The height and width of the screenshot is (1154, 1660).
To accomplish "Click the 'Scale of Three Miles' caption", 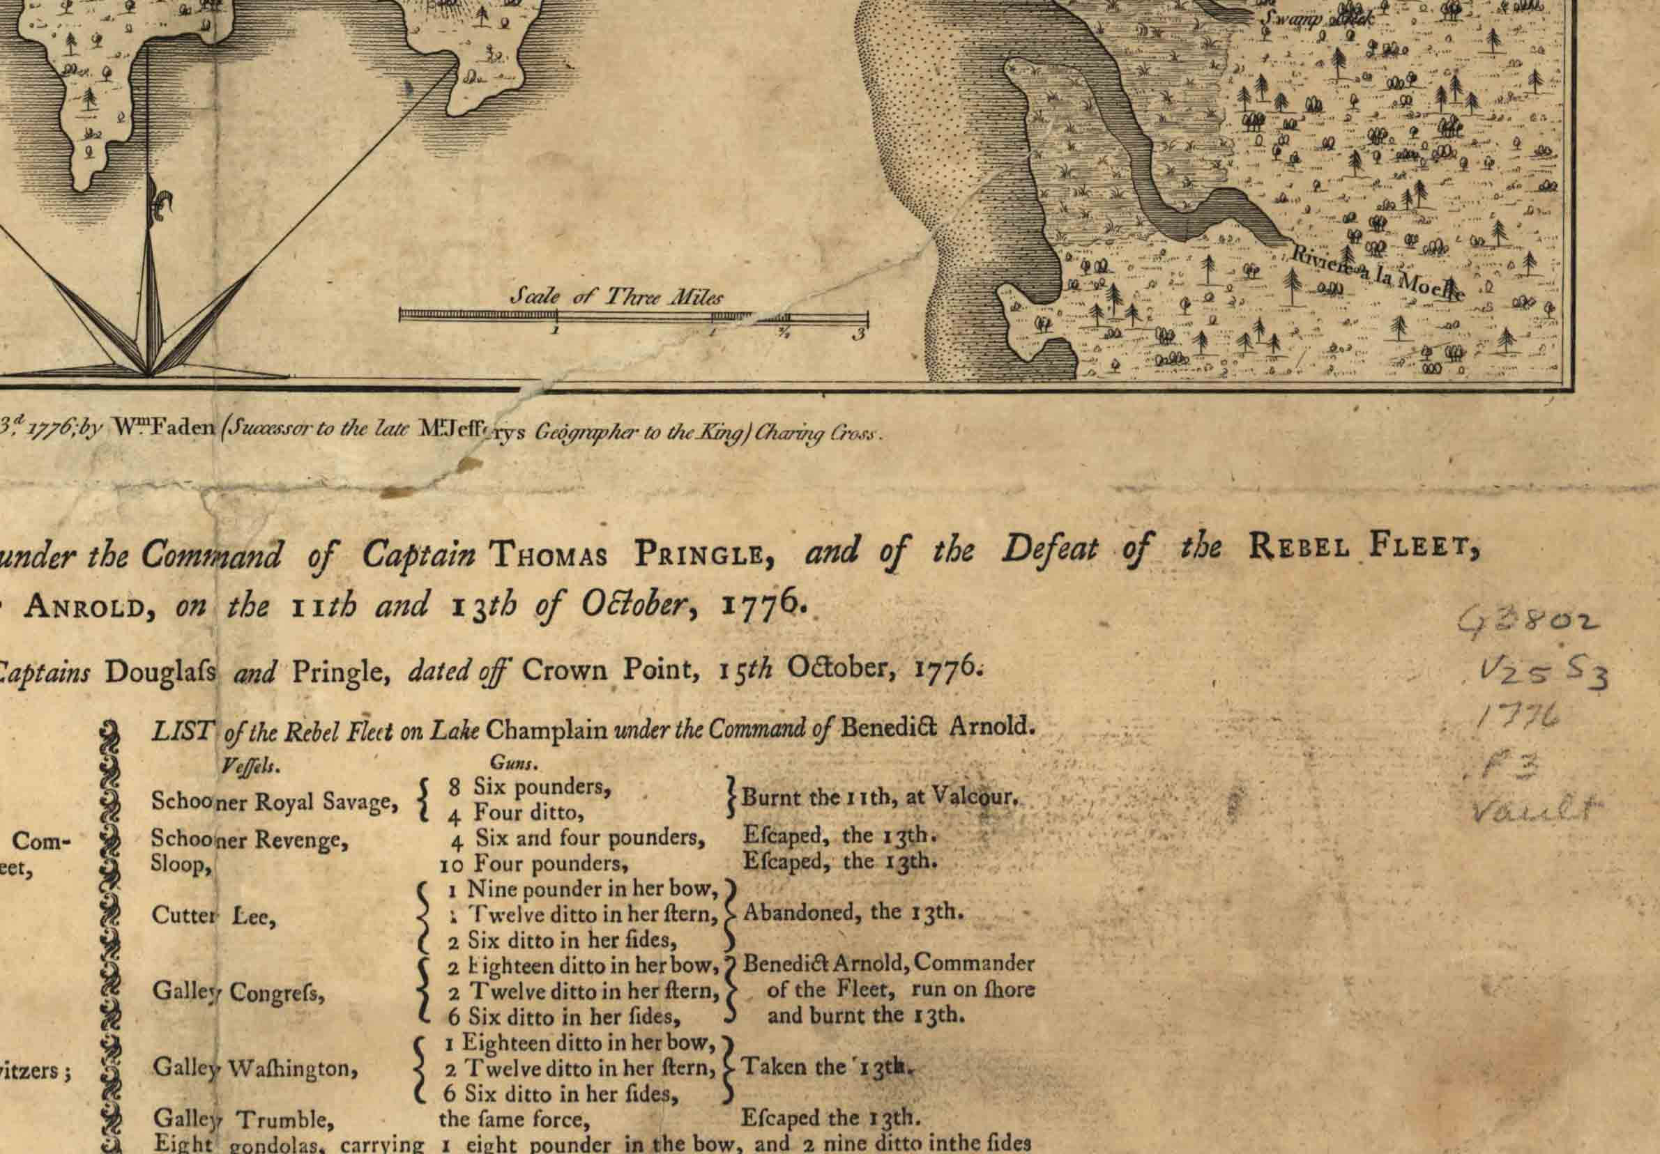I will (617, 296).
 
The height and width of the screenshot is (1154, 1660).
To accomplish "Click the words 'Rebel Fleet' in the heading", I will (1363, 547).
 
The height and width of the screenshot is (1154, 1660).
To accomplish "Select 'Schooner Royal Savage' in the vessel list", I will (275, 801).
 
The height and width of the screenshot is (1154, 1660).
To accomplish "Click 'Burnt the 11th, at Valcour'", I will (881, 798).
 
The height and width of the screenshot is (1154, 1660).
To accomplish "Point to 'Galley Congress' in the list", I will (238, 992).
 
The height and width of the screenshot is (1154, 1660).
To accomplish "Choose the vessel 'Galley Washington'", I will (254, 1068).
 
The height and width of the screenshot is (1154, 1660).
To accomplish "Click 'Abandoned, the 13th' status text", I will (853, 912).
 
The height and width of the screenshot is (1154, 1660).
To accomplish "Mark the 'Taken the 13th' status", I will (823, 1067).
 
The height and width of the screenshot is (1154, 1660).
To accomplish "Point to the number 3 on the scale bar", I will (858, 334).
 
